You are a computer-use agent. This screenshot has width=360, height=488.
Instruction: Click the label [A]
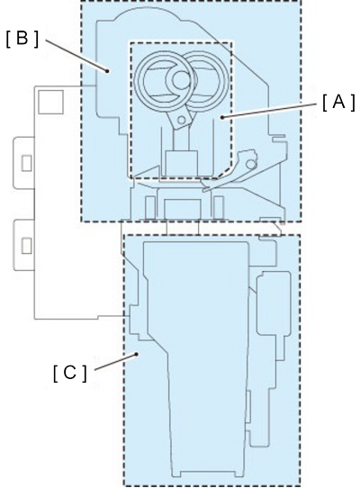click(x=338, y=102)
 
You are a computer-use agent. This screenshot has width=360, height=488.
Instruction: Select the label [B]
click(x=22, y=40)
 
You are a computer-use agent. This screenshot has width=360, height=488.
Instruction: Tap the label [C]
click(x=70, y=373)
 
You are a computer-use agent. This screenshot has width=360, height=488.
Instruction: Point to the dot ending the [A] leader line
click(x=222, y=117)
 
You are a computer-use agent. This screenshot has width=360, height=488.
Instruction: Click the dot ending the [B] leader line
click(x=107, y=70)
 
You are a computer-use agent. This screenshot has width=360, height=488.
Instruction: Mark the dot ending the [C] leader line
click(x=136, y=354)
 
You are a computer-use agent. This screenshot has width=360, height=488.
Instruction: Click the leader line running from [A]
click(x=270, y=110)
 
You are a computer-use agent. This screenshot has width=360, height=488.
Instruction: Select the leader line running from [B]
click(x=76, y=55)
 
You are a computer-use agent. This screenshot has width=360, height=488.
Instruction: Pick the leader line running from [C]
click(x=115, y=362)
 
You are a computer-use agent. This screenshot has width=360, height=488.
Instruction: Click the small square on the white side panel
click(x=50, y=102)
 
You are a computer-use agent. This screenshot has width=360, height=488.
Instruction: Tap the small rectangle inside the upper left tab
click(x=26, y=163)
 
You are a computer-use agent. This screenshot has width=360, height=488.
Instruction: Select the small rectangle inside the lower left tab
click(x=26, y=246)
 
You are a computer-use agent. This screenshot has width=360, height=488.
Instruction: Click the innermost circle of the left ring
click(x=181, y=79)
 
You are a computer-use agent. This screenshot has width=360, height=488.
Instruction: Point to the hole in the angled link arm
click(x=181, y=120)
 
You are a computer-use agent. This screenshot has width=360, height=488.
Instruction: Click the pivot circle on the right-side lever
click(x=250, y=163)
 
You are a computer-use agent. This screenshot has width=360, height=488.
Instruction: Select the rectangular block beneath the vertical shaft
click(x=182, y=164)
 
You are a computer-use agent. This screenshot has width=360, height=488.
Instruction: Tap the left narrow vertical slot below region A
click(x=150, y=207)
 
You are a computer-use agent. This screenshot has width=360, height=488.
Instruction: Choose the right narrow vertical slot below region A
click(x=219, y=207)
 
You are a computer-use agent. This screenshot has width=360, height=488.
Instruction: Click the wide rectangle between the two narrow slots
click(x=183, y=209)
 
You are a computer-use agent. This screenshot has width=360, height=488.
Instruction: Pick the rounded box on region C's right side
click(x=274, y=303)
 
